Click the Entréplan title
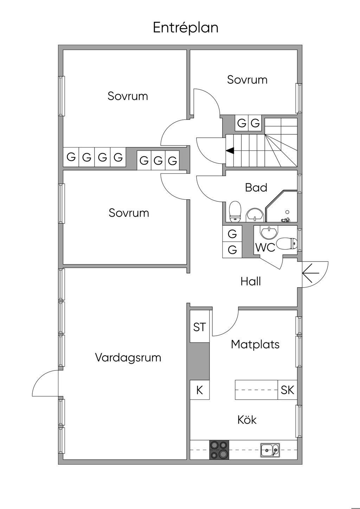(186, 27)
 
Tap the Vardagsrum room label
(128, 357)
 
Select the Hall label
(251, 281)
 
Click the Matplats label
(255, 344)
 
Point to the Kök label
(247, 420)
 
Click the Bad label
(256, 187)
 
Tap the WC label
(265, 247)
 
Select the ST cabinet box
(200, 327)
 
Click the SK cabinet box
(288, 390)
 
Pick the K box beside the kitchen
(200, 390)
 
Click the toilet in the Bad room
(235, 212)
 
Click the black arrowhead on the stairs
(230, 150)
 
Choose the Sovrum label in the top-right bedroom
(247, 80)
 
